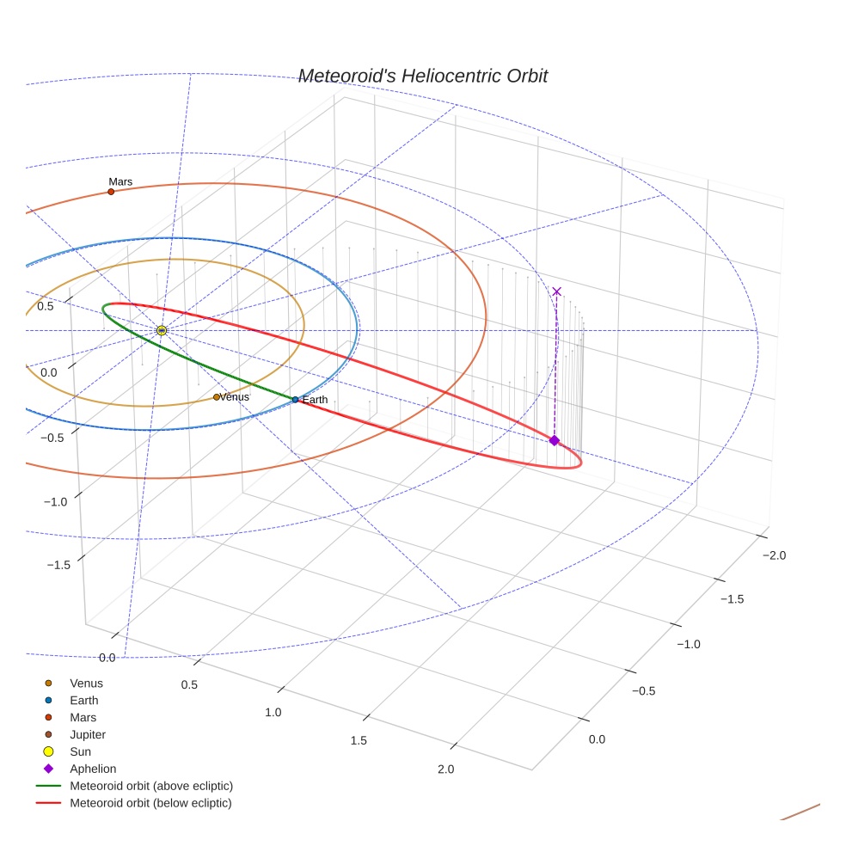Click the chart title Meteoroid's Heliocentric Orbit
422,77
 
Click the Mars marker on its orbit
111,192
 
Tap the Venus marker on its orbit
217,397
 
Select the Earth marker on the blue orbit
295,400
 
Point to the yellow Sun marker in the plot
162,331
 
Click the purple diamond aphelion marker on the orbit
554,440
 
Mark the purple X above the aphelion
556,291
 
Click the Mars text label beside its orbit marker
120,181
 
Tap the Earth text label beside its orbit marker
315,400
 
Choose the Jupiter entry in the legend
88,734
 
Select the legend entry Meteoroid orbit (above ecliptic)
151,786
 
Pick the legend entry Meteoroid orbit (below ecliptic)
150,803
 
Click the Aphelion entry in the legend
93,769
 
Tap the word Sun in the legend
80,751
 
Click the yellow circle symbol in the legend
49,751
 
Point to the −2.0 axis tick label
773,555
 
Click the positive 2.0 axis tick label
445,769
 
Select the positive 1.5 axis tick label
359,741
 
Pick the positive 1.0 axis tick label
273,713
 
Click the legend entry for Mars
83,717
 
